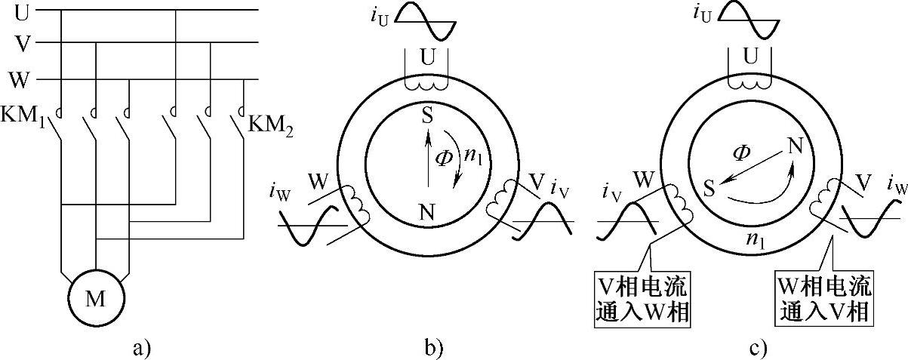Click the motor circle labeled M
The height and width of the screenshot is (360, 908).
click(95, 300)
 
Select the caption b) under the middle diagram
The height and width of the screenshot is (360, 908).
click(433, 348)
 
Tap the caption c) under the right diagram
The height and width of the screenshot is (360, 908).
click(758, 348)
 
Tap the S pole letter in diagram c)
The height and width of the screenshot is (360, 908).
click(708, 186)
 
